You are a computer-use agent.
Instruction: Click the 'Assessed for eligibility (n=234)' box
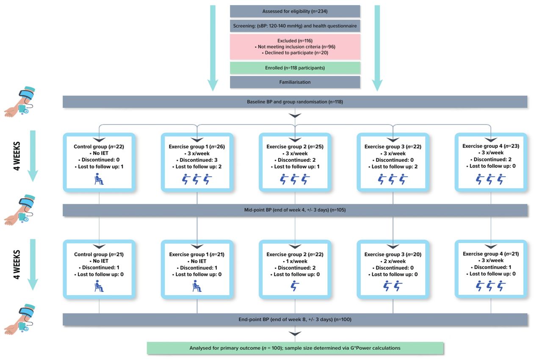[295, 11]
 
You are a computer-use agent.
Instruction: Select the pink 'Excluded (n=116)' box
[295, 47]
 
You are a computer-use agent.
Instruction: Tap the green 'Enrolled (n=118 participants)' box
[295, 68]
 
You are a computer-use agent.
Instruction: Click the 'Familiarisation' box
[295, 82]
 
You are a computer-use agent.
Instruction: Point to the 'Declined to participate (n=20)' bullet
[295, 53]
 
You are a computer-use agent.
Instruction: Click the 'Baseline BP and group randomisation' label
[295, 102]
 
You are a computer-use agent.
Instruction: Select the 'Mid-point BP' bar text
[295, 210]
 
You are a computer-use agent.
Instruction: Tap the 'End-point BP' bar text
[295, 319]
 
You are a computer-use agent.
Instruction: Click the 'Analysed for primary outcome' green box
[295, 348]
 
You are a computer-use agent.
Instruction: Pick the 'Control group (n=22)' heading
[99, 147]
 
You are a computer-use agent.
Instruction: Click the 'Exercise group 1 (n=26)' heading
[197, 147]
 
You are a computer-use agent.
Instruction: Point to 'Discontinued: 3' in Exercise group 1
[197, 160]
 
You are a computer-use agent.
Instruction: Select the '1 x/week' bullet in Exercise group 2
[295, 261]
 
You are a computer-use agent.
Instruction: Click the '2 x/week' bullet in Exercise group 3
[393, 261]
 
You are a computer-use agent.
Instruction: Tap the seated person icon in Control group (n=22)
[99, 179]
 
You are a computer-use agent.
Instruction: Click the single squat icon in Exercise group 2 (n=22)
[295, 286]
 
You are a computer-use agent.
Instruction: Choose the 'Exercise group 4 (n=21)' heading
[491, 254]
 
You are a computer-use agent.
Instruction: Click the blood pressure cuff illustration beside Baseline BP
[19, 102]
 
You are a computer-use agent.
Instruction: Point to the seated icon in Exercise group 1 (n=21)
[197, 286]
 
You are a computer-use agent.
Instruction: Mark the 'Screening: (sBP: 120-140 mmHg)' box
[295, 26]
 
